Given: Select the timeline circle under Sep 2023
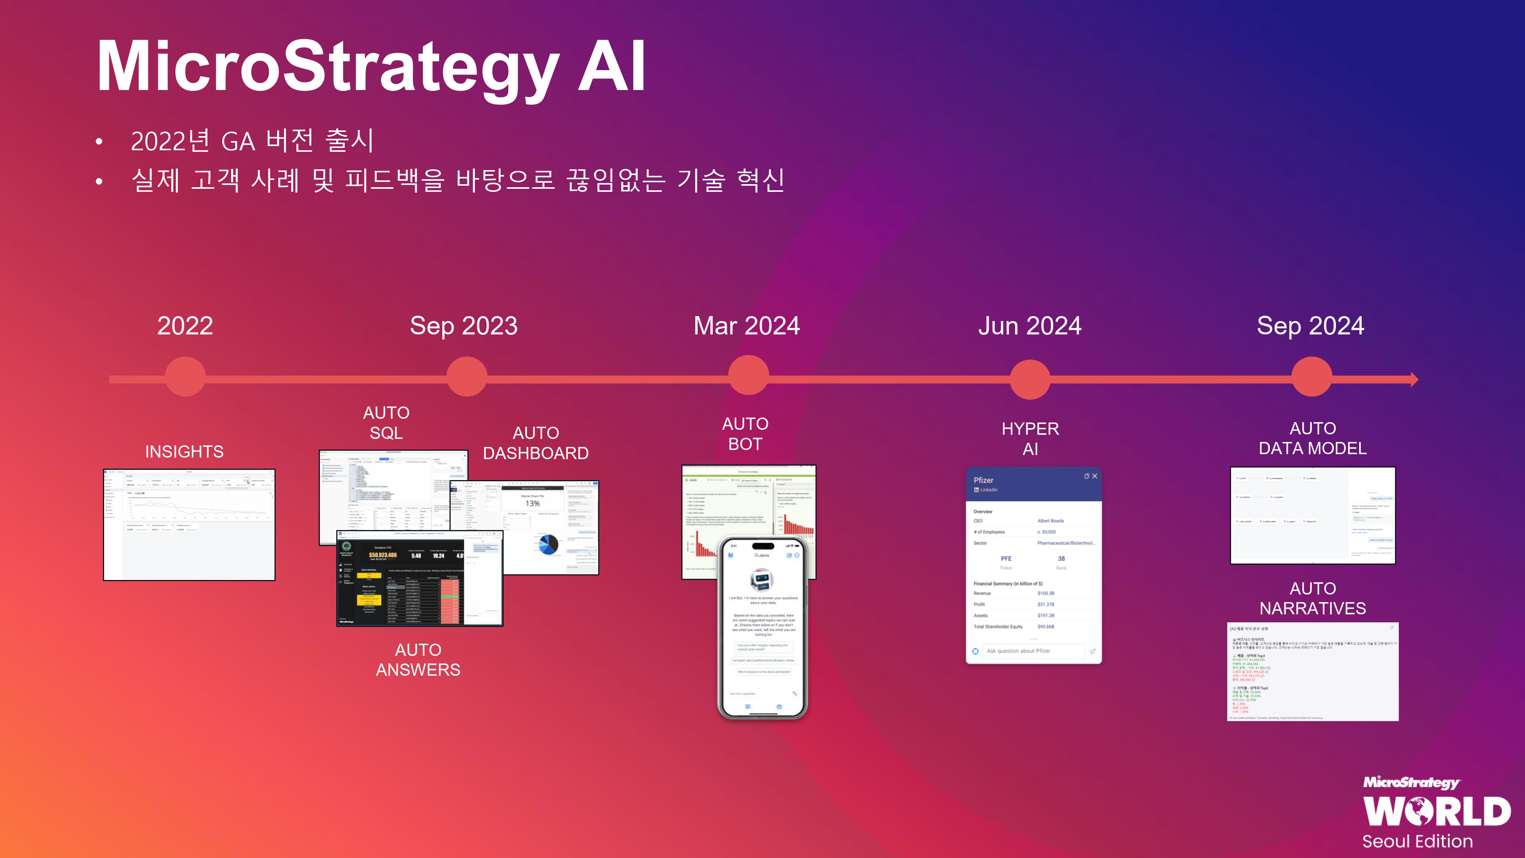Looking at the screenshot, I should point(467,377).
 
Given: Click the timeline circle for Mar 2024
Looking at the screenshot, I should point(748,375).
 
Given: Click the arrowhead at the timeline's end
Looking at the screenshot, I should point(1414,379).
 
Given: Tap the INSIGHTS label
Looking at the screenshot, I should point(184,452).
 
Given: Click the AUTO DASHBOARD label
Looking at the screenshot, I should point(536,443).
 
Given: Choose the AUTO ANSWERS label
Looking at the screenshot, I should point(418,660).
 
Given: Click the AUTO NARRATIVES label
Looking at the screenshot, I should point(1313,598).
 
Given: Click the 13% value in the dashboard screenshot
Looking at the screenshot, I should point(532,504).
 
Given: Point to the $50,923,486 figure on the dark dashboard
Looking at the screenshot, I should point(382,555).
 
